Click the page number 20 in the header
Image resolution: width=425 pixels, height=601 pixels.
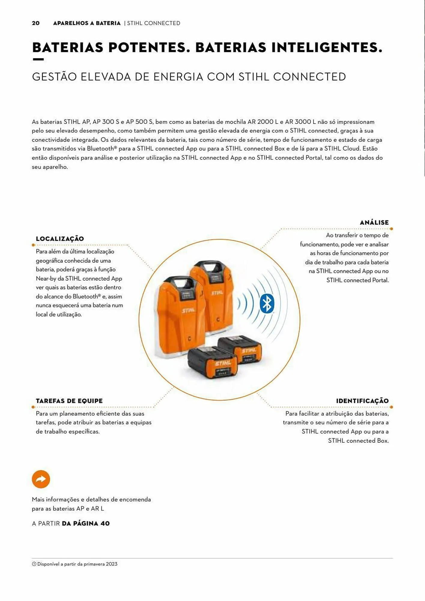35,23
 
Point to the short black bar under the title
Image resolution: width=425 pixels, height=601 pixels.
38,59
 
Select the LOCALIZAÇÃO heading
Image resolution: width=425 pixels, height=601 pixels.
60,239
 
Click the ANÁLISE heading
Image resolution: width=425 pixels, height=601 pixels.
374,222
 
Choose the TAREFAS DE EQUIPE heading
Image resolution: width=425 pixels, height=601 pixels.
69,401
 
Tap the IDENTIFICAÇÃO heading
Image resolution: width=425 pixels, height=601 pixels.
362,401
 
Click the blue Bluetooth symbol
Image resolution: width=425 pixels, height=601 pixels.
267,304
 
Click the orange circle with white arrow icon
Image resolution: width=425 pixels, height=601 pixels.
41,479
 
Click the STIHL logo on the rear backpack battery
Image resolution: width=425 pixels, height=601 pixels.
217,292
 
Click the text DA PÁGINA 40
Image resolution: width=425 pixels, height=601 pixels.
86,523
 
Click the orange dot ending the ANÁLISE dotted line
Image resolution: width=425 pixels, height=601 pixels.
391,229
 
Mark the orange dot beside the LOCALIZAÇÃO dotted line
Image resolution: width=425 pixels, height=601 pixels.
33,245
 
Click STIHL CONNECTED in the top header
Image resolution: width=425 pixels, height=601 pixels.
153,23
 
